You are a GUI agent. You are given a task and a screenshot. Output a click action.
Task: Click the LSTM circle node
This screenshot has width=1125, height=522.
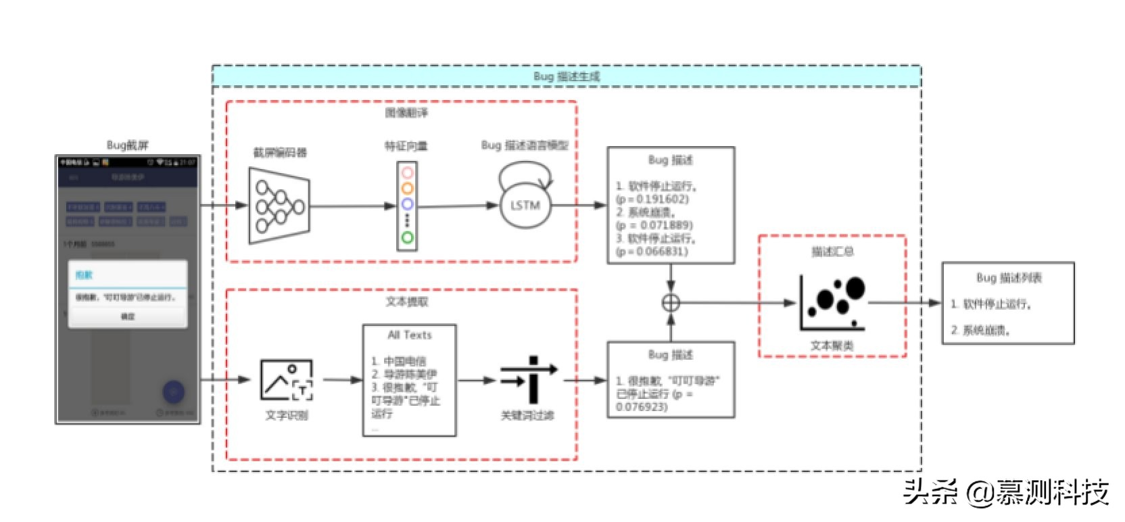point(525,206)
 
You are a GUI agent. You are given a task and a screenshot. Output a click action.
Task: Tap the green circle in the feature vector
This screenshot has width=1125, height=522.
point(407,237)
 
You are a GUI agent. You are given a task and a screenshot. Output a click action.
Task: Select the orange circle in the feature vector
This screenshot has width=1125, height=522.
point(407,189)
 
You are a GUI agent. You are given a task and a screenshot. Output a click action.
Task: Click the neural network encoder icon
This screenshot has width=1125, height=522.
point(279,206)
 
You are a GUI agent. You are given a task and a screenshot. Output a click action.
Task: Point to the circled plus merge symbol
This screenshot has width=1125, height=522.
point(671,302)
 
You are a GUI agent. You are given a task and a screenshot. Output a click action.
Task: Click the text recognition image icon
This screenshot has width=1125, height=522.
point(287,380)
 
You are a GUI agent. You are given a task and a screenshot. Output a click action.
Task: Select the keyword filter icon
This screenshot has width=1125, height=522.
point(529,380)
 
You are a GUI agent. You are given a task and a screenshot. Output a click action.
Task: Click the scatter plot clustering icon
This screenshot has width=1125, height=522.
point(832,303)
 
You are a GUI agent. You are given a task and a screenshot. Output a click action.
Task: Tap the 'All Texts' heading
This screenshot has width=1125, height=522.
point(409,335)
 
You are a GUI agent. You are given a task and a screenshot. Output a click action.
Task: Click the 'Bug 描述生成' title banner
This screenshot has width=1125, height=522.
point(566,76)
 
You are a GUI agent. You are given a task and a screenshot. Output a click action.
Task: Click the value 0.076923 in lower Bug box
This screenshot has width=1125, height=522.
point(642,406)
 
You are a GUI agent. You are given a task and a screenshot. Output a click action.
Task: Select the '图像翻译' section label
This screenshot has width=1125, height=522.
point(406,113)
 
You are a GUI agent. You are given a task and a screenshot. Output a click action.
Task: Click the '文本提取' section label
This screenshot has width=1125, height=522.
point(406,302)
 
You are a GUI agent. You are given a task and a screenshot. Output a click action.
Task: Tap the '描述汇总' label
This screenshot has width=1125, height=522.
point(832,252)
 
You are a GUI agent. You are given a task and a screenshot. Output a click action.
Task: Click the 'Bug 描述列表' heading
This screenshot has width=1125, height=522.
point(1008,277)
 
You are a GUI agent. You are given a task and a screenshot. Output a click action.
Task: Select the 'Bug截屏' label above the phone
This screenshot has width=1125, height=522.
point(128,145)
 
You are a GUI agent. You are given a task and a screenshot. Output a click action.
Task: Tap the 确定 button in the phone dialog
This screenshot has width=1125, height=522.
point(128,316)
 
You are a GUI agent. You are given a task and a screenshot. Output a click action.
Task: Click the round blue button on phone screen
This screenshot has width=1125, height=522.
point(173,391)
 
